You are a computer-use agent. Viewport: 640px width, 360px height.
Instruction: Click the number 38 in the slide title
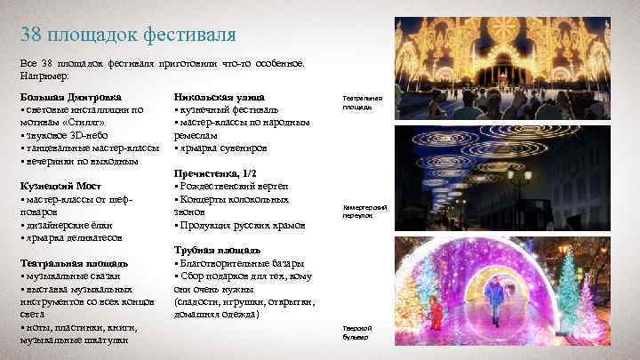point(33,36)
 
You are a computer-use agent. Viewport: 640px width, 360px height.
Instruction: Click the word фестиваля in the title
point(192,36)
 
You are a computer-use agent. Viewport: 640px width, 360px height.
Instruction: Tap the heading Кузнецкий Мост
point(61,186)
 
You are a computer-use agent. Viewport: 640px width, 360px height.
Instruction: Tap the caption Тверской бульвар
point(356,333)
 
